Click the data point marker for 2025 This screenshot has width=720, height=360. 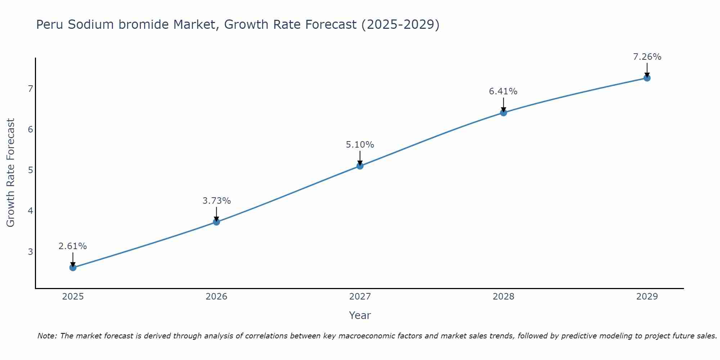point(73,267)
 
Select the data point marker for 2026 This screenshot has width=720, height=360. point(216,222)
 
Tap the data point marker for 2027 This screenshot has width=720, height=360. point(360,166)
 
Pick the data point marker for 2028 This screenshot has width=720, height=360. point(503,113)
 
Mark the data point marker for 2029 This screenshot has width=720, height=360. point(647,78)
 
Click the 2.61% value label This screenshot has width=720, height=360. point(73,246)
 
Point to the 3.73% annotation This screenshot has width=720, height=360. point(216,201)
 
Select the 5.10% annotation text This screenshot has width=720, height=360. point(360,145)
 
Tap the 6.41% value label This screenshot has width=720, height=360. point(503,91)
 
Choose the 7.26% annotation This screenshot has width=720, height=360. point(647,57)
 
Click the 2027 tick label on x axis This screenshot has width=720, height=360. point(360,297)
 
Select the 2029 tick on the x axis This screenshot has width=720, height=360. point(647,297)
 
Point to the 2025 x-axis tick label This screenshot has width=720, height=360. point(73,297)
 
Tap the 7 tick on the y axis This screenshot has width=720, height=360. point(30,89)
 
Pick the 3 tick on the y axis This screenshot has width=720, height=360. point(30,252)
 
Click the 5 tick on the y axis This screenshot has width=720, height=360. point(30,170)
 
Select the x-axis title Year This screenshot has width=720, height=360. point(360,315)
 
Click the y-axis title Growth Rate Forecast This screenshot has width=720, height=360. point(11,173)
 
